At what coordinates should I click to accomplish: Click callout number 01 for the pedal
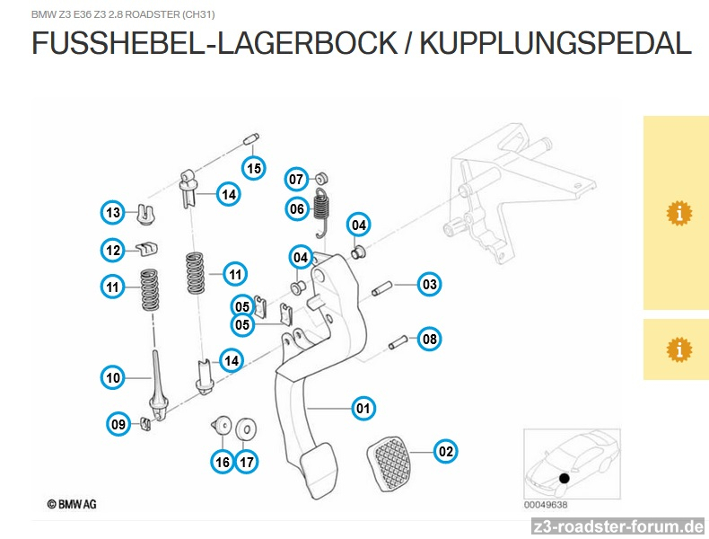(363, 409)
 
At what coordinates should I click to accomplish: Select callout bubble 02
(445, 452)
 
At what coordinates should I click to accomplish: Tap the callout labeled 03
(430, 285)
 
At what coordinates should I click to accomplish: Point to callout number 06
(297, 209)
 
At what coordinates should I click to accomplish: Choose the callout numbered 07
(297, 180)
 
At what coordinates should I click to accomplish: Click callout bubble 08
(430, 339)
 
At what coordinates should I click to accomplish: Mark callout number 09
(118, 424)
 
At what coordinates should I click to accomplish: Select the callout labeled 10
(113, 378)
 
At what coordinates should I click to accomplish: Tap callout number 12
(112, 251)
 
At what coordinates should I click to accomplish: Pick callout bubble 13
(112, 213)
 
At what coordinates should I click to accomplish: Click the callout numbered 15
(254, 168)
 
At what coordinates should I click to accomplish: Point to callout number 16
(223, 462)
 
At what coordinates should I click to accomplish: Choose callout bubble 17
(248, 462)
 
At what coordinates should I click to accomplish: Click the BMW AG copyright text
(71, 504)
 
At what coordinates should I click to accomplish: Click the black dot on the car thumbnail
(565, 477)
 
